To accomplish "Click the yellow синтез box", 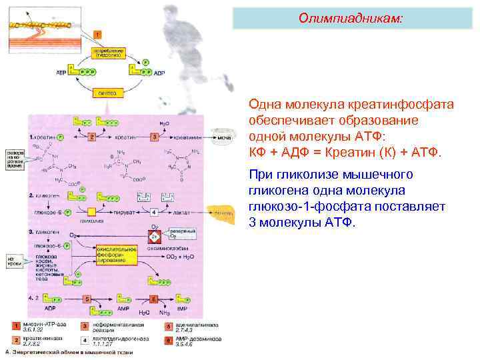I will pyautogui.click(x=108, y=93).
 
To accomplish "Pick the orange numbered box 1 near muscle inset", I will pyautogui.click(x=98, y=33).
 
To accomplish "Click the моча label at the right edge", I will pyautogui.click(x=224, y=137).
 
